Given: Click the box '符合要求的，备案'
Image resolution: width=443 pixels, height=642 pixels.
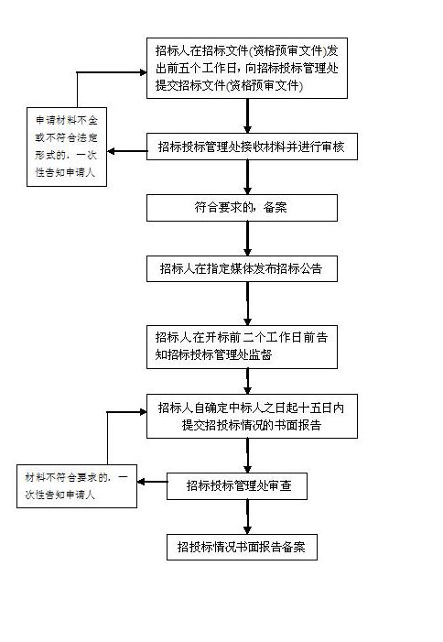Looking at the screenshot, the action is tap(242, 208).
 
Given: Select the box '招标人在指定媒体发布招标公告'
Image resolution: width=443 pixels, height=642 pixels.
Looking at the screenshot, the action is tap(242, 268).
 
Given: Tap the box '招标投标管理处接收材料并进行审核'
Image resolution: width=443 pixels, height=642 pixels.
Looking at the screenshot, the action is tap(252, 147).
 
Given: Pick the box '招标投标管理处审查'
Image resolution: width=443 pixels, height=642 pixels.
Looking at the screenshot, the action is tap(237, 486).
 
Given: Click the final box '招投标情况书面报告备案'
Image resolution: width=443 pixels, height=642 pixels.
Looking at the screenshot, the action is tap(242, 547).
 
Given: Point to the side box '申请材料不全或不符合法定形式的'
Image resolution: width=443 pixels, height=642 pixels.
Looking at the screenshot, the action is tap(67, 147).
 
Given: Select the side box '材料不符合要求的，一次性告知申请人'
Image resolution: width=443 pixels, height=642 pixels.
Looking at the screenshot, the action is tap(77, 486).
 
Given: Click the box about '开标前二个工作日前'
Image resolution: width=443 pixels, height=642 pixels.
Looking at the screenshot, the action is tap(242, 347).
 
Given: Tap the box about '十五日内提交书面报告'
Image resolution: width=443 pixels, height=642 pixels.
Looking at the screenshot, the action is tap(252, 416).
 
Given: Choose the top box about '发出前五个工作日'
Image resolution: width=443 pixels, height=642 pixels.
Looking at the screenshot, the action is tap(247, 68).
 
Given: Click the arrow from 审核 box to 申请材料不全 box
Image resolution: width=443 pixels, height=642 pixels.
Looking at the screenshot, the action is tap(127, 151).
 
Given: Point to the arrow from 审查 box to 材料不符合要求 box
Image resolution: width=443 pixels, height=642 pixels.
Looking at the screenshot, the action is tap(152, 482).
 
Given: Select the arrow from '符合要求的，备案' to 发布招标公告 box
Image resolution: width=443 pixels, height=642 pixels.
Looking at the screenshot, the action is tap(247, 238).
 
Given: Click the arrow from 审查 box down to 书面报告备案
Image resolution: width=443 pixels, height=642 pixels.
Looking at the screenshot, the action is tap(247, 517).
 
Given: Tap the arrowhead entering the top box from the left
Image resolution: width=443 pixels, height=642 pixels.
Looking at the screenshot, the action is tap(143, 72).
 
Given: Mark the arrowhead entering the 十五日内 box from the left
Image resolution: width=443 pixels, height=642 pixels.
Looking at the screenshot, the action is tap(143, 412).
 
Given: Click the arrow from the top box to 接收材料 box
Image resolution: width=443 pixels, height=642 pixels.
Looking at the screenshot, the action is tap(247, 115).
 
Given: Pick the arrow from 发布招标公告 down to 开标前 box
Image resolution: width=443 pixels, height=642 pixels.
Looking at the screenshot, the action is tap(247, 303).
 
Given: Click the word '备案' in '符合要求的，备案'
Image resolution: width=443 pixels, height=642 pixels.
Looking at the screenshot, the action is tap(276, 208).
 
